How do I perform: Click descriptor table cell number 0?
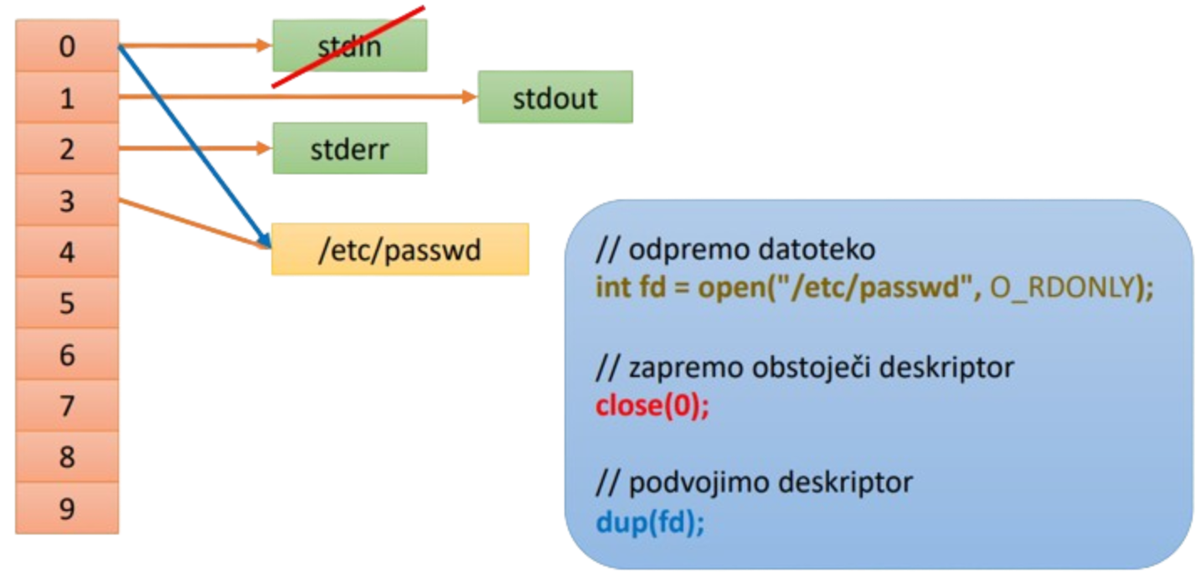coord(67,46)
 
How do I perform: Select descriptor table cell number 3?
coord(67,201)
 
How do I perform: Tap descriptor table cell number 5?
coord(67,303)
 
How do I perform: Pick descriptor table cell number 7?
coord(67,406)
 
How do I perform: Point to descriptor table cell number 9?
coord(67,509)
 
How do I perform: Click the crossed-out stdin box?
coord(350,45)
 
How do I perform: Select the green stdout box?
coord(555,98)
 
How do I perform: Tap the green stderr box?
coord(350,148)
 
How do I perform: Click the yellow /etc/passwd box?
coord(400,250)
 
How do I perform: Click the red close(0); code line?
coord(652,408)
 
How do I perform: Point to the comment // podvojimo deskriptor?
coord(754,482)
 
